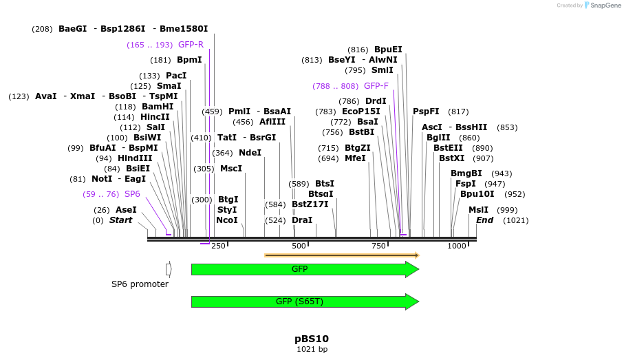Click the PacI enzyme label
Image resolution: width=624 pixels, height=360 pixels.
(176, 76)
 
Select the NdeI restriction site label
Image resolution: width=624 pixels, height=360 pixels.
(250, 153)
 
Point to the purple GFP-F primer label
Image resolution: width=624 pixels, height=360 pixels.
(376, 86)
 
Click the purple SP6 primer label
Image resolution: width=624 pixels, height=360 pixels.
(132, 194)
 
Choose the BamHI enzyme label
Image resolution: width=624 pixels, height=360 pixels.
(158, 107)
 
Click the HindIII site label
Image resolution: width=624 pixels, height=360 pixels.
(135, 158)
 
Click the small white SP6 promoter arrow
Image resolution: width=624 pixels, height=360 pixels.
(169, 269)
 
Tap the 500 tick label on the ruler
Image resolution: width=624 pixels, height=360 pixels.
(299, 246)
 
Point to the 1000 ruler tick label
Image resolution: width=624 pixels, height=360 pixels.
(457, 246)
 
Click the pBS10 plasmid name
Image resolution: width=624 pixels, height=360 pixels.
(312, 339)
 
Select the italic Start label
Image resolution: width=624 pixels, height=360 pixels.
(120, 220)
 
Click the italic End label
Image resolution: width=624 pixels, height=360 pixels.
(484, 220)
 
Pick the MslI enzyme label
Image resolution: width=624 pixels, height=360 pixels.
(478, 210)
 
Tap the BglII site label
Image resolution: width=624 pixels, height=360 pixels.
(438, 138)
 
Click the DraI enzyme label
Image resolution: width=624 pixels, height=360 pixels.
(302, 220)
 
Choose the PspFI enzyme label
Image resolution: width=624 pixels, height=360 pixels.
(426, 112)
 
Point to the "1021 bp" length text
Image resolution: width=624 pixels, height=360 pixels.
(312, 350)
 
